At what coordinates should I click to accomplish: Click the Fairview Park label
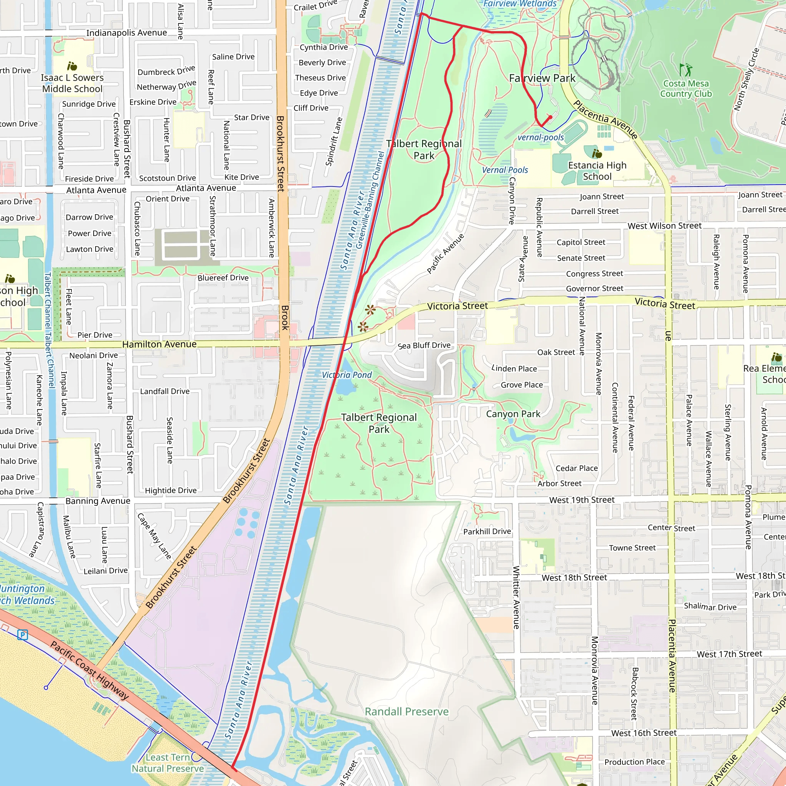[x=542, y=78]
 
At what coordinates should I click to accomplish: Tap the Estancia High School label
[x=597, y=171]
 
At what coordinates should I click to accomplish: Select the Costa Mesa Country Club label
[x=686, y=89]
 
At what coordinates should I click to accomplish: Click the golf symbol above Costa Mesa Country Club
[x=685, y=69]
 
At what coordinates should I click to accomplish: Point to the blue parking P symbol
[x=23, y=634]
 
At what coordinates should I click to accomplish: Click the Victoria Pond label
[x=347, y=375]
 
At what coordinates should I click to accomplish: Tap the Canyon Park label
[x=513, y=414]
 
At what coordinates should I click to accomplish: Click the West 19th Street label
[x=581, y=500]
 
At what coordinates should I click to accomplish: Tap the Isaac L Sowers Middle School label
[x=73, y=83]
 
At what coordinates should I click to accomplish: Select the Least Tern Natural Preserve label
[x=168, y=763]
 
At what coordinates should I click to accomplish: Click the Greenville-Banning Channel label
[x=370, y=200]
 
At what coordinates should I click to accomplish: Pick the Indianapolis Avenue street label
[x=127, y=33]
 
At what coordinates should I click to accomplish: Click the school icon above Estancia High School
[x=597, y=154]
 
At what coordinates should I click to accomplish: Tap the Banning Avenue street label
[x=97, y=501]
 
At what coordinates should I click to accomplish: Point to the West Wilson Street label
[x=664, y=226]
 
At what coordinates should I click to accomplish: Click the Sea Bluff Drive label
[x=424, y=345]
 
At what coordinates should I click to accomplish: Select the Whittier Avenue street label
[x=516, y=597]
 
